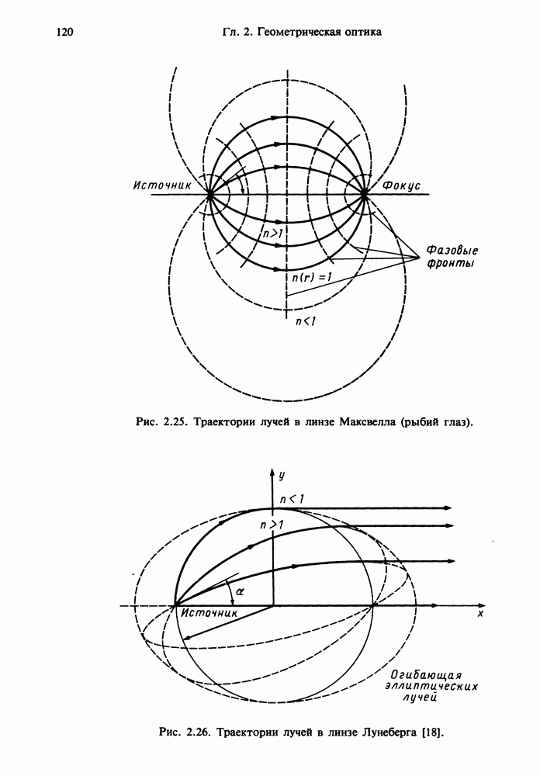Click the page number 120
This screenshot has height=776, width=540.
point(64,33)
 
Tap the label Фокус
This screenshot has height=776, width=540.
point(401,186)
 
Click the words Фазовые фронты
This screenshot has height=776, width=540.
point(452,258)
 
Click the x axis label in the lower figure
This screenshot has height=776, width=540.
point(481,614)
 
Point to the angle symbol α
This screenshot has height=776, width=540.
point(240,591)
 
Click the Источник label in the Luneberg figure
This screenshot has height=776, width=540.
point(209,613)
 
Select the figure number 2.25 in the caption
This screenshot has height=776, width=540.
point(173,423)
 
